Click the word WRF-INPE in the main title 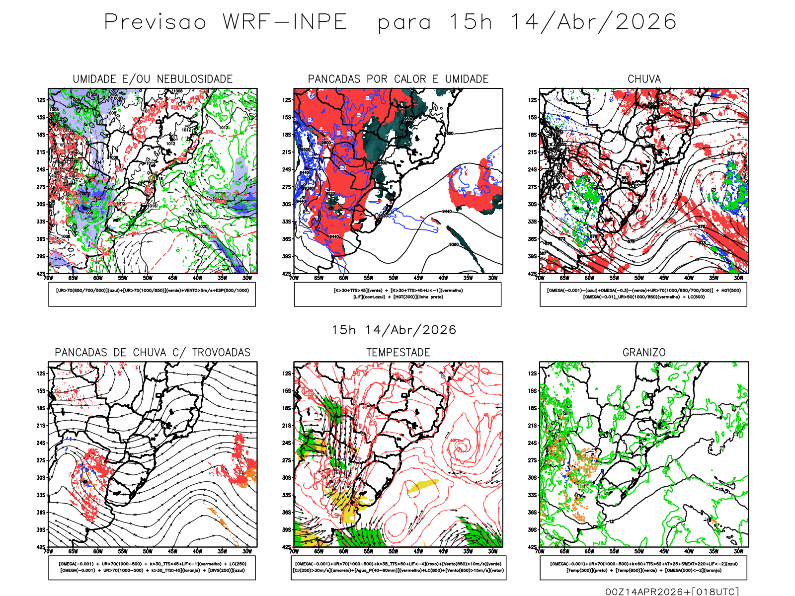pos(284,22)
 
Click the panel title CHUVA pos(644,79)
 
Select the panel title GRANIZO pos(644,353)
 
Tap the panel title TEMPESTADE pos(398,353)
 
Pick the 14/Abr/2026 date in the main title pos(593,22)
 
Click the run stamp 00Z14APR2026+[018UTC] pos(672,592)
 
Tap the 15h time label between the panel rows pos(343,330)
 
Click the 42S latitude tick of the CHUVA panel pos(533,274)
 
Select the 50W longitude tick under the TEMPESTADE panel pos(393,551)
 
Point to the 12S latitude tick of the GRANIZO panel pos(533,373)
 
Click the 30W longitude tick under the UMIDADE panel pos(247,278)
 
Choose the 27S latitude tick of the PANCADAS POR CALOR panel pos(287,187)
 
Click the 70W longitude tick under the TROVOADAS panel pos(48,551)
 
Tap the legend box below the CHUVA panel pos(643,294)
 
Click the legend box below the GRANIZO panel pos(643,567)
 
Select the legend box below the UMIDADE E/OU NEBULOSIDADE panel pos(152,294)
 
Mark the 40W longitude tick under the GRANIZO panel pos(689,551)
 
